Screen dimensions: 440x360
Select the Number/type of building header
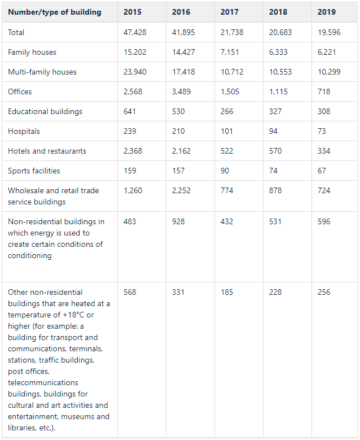(x=55, y=12)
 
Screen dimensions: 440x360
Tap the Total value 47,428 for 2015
(x=134, y=33)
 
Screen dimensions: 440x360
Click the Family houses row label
(x=32, y=53)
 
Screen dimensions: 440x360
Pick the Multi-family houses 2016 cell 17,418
(x=183, y=72)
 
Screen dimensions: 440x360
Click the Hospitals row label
(x=24, y=132)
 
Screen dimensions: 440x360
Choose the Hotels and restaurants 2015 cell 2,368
(x=133, y=151)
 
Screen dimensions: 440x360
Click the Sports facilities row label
(x=34, y=171)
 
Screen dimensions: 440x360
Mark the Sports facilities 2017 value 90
(x=225, y=171)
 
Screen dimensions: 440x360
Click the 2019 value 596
(x=324, y=222)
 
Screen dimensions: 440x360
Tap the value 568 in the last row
(x=130, y=293)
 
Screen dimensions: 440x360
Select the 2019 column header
(x=326, y=12)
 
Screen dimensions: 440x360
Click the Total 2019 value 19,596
(x=329, y=33)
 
